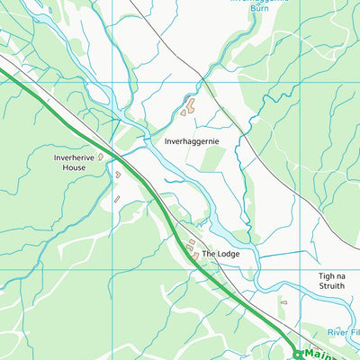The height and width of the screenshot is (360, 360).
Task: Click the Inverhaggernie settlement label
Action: (192, 141)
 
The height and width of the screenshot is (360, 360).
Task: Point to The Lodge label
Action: (220, 255)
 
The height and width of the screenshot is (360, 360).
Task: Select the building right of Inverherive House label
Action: (101, 157)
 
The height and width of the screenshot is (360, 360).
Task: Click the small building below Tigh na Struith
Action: (284, 302)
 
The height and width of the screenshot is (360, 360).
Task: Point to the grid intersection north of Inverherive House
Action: (112, 84)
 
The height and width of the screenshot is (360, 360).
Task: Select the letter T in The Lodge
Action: (204, 255)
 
